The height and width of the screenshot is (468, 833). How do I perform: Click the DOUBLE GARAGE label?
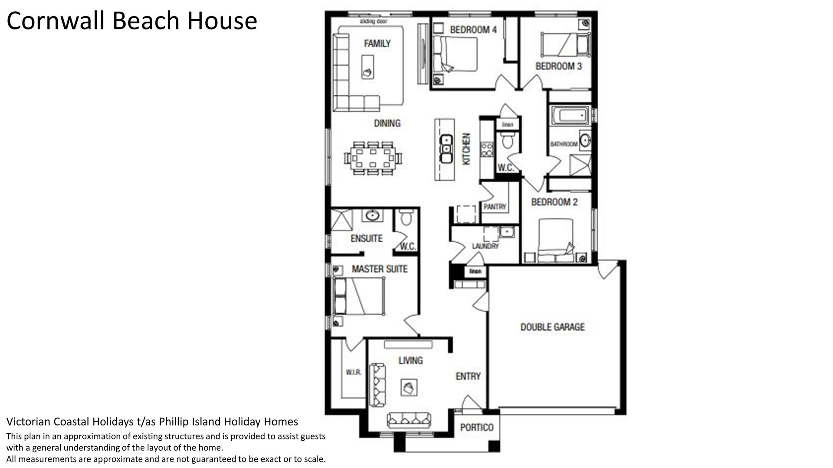552,327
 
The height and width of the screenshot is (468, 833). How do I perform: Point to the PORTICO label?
477,427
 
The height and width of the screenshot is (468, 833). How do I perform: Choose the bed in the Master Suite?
359,296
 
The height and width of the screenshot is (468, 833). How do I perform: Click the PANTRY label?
495,207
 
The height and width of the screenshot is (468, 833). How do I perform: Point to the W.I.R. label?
354,372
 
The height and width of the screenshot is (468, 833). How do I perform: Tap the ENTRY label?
468,376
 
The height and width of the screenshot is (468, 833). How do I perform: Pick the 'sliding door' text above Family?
374,21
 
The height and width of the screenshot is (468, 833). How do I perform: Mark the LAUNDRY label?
485,246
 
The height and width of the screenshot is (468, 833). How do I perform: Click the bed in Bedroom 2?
556,240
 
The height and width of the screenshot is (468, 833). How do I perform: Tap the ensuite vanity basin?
371,215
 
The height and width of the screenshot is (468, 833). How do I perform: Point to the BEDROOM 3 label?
559,66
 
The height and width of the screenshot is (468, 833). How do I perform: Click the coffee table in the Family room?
367,66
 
